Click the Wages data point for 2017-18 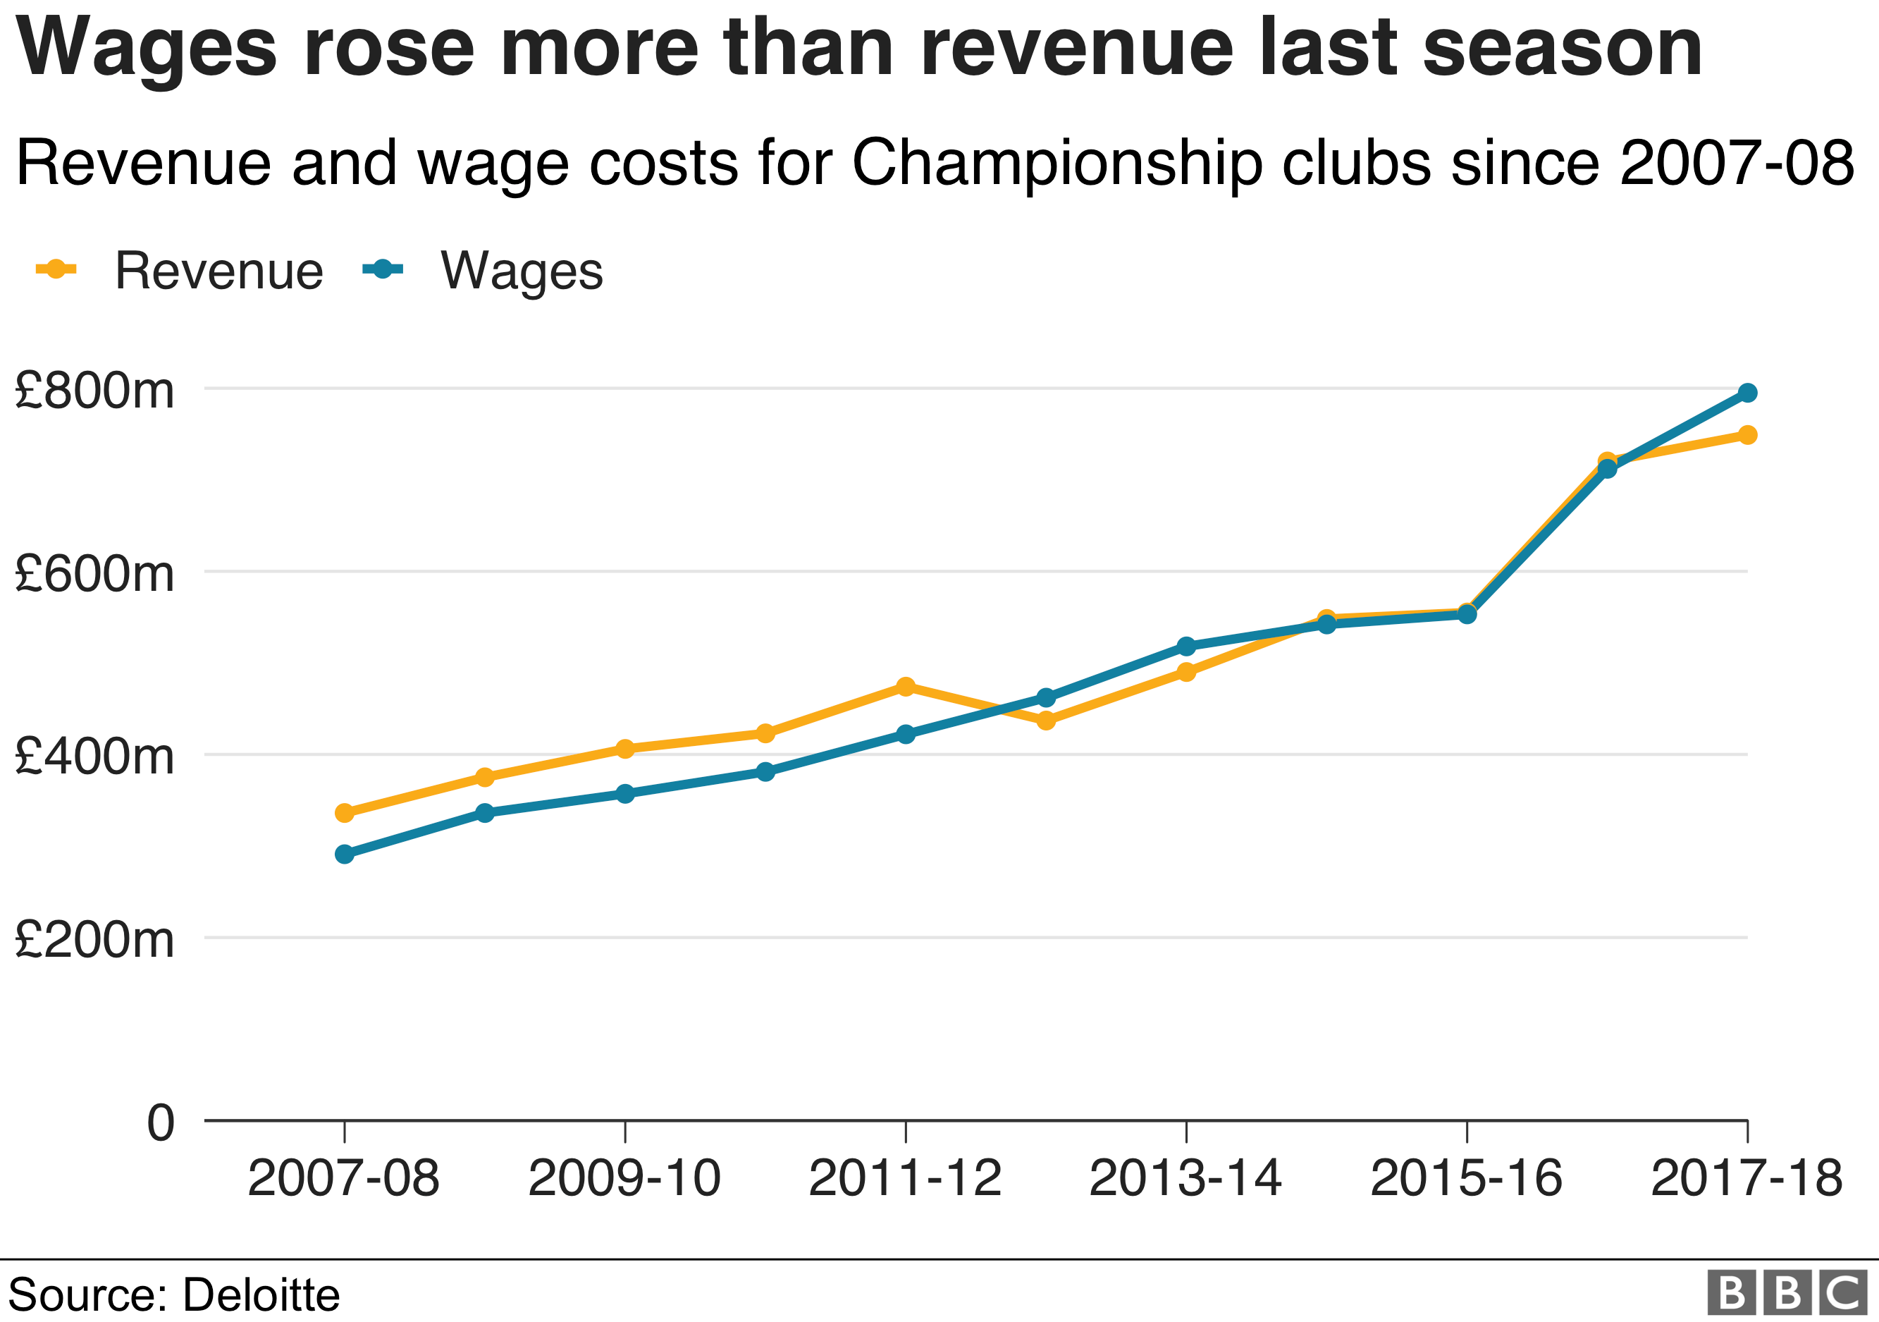pyautogui.click(x=1747, y=393)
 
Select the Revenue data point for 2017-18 pyautogui.click(x=1747, y=434)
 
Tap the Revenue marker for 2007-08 pyautogui.click(x=345, y=813)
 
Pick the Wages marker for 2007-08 pyautogui.click(x=345, y=855)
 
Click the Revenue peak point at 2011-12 pyautogui.click(x=905, y=687)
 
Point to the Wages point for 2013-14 pyautogui.click(x=1186, y=647)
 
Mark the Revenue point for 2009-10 pyautogui.click(x=625, y=749)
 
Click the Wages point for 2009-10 pyautogui.click(x=625, y=794)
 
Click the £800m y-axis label pyautogui.click(x=94, y=391)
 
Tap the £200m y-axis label pyautogui.click(x=94, y=940)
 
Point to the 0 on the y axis pyautogui.click(x=161, y=1122)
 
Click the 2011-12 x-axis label pyautogui.click(x=905, y=1179)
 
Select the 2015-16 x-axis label pyautogui.click(x=1466, y=1179)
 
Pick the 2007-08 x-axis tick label pyautogui.click(x=344, y=1179)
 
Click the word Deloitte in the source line pyautogui.click(x=260, y=1295)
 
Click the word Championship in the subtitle pyautogui.click(x=1060, y=164)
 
